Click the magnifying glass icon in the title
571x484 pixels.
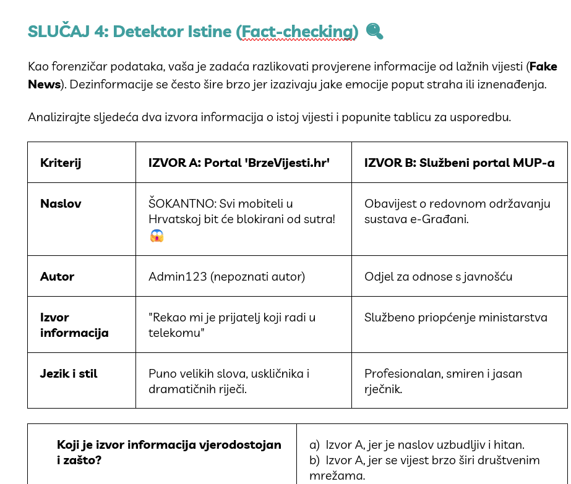point(374,31)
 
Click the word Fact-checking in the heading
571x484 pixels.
point(297,32)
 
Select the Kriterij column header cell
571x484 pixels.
point(61,163)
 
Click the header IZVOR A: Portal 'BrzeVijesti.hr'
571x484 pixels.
point(239,163)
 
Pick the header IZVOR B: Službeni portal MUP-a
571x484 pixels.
point(459,163)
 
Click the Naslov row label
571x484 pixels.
point(61,203)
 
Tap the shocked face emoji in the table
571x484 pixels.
point(157,235)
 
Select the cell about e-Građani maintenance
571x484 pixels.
point(457,211)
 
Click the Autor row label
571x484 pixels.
point(57,276)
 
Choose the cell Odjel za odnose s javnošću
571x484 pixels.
point(438,276)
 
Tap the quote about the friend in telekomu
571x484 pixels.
point(232,325)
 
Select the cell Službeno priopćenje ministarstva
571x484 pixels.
point(455,318)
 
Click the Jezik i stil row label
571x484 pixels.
point(69,373)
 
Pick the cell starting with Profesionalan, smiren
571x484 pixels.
point(443,381)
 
